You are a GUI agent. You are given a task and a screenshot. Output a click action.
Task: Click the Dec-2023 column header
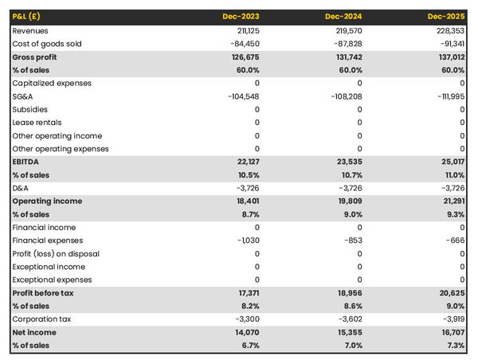point(242,17)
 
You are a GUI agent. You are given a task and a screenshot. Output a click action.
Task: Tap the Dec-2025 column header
point(448,17)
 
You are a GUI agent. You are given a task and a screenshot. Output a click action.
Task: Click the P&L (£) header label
point(29,17)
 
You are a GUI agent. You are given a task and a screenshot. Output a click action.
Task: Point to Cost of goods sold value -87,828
point(346,44)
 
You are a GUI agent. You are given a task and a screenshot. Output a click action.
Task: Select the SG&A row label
point(22,96)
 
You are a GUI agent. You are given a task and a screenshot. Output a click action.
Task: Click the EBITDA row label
point(26,162)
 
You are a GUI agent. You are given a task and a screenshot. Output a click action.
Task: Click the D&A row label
point(21,188)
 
